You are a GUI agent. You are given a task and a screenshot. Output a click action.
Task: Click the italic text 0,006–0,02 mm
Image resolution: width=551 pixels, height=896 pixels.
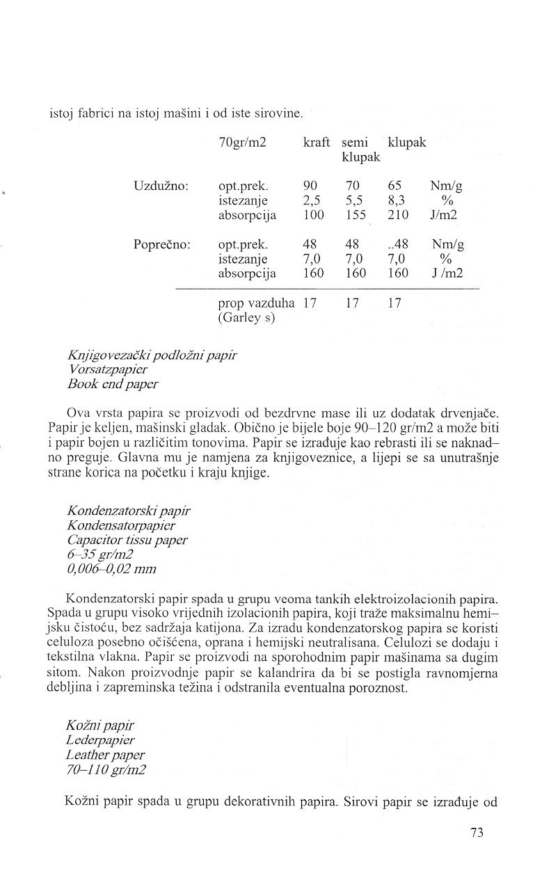(112, 568)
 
